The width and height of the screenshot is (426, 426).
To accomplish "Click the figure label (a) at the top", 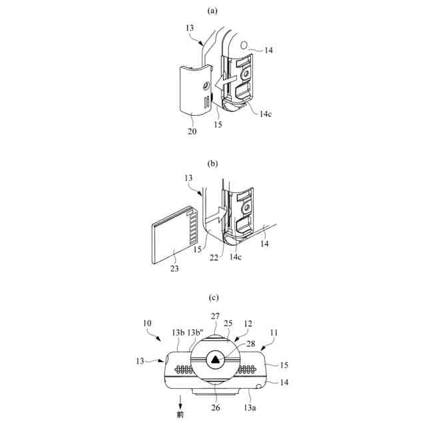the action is (x=213, y=11).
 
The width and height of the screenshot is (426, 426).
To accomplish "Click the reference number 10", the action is (x=146, y=323).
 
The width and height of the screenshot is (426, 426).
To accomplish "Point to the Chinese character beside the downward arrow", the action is (x=181, y=414).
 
